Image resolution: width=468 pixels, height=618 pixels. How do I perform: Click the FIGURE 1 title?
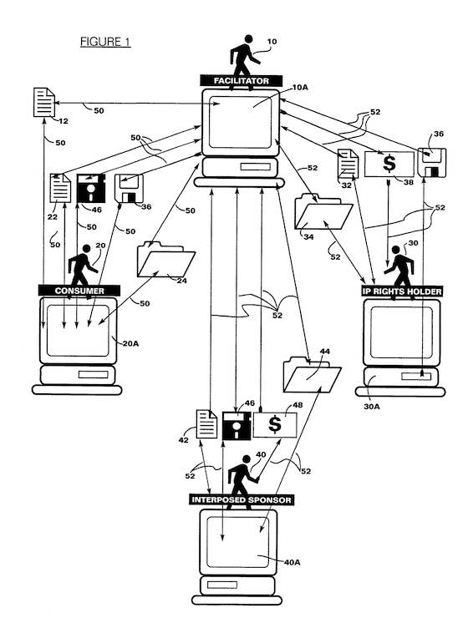pos(105,42)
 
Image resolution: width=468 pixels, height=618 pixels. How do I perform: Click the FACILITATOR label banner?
pos(242,81)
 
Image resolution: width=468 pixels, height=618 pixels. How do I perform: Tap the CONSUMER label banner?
pos(79,291)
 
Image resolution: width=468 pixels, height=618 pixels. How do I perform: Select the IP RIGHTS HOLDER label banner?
pos(402,291)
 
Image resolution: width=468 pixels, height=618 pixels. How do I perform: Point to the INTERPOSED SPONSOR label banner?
pos(242,499)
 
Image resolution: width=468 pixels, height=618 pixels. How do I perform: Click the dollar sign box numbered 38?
pos(389,164)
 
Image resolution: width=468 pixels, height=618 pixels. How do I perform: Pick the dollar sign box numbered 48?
pos(275,424)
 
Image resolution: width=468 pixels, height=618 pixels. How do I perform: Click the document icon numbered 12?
pos(43,103)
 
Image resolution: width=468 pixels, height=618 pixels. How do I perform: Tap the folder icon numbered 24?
pos(165,261)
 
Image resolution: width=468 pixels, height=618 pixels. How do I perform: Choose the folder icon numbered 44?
pos(312,374)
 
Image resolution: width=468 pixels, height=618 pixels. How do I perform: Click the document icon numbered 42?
pos(206,423)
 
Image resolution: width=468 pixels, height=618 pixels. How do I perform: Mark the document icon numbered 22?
pos(60,188)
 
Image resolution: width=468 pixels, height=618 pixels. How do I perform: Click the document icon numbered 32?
pos(348,164)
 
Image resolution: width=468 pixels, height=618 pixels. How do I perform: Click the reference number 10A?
pos(300,87)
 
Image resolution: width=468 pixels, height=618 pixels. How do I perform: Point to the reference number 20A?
pos(130,343)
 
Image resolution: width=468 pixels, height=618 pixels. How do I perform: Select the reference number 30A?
pos(371,407)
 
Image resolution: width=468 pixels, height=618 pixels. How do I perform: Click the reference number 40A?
pos(292,562)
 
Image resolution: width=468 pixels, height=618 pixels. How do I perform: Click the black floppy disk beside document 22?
pos(91,188)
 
